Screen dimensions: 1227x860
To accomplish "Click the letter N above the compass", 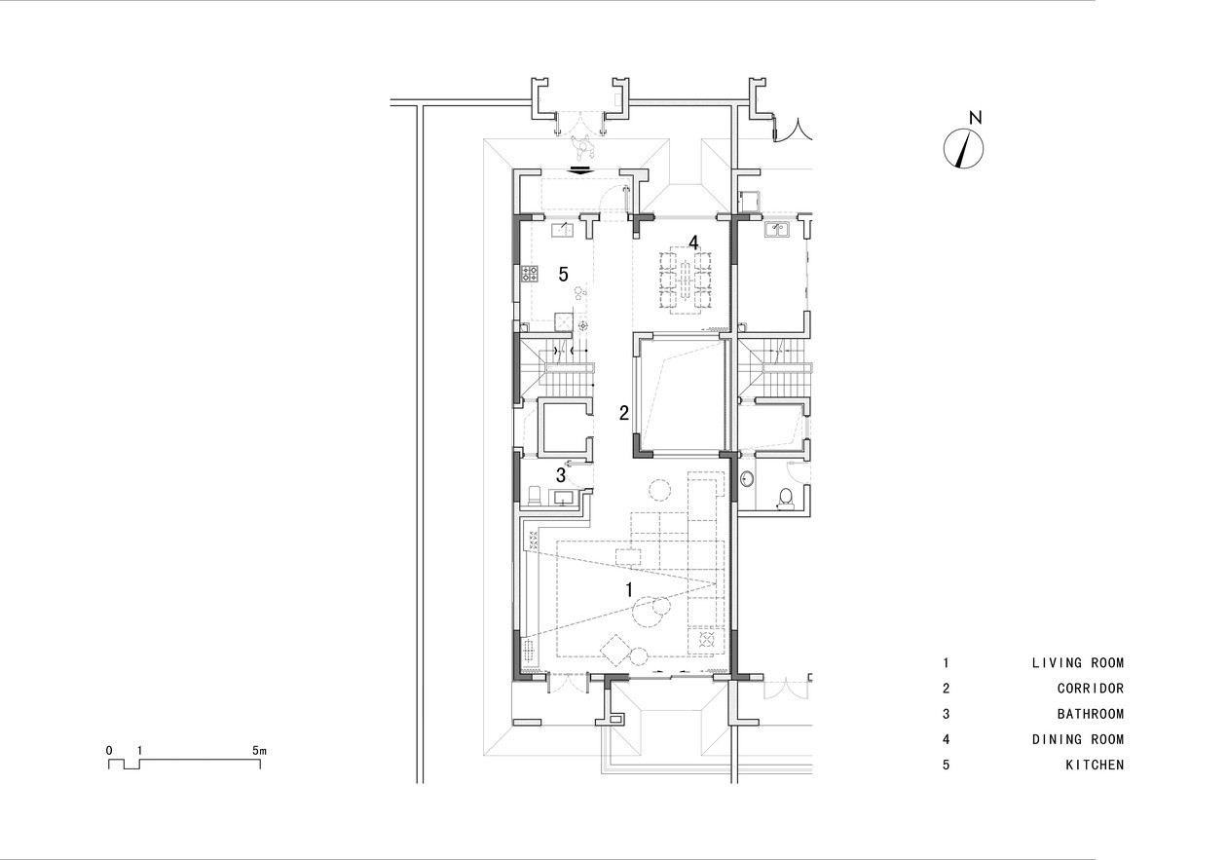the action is coord(976,117).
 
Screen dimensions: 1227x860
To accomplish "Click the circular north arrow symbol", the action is coord(963,148).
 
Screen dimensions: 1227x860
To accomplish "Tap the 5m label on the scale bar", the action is coord(259,751).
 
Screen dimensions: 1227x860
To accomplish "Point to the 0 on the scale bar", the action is coord(109,751).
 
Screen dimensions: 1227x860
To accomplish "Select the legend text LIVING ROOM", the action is coord(1077,663).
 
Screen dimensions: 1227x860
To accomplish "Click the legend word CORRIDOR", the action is coord(1090,689).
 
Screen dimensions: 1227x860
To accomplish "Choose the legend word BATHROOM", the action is coord(1090,714).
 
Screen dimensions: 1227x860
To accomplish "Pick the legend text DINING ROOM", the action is coord(1077,739).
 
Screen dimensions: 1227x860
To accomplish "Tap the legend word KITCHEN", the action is coord(1095,766).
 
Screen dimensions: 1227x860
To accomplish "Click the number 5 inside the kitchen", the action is coord(563,274).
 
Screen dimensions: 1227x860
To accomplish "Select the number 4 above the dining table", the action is coord(693,243).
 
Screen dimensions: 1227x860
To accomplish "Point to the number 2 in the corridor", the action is coord(624,413).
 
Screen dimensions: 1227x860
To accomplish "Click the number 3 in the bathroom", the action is coord(560,475).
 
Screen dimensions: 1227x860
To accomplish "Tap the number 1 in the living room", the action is coord(629,590).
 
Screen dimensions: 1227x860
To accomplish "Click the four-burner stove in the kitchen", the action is coord(146,274).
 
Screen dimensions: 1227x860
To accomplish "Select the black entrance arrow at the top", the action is coord(581,169).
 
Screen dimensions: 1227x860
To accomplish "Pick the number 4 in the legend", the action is coord(946,739).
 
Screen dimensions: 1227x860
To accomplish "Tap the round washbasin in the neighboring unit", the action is coord(746,479).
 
